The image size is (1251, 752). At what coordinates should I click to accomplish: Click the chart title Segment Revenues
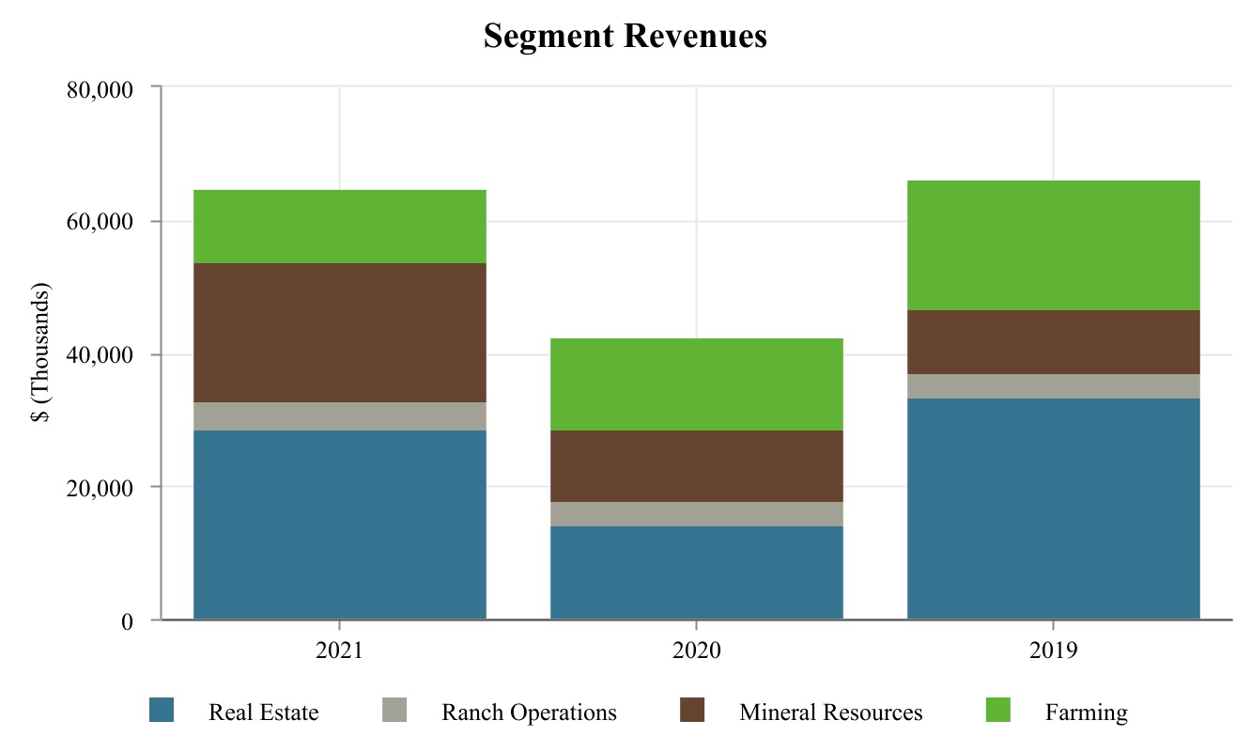625,37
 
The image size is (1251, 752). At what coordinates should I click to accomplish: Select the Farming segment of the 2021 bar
339,227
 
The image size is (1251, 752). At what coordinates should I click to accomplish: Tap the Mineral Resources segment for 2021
339,333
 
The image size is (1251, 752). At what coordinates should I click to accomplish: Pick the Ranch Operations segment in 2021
339,416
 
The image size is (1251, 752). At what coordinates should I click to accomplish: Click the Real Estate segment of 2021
339,525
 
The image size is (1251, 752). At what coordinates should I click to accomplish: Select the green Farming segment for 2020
696,384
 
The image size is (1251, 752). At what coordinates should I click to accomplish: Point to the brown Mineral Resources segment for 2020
696,466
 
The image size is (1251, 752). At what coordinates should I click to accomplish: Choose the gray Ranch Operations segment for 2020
696,514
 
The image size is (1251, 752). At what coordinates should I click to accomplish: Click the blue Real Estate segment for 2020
696,572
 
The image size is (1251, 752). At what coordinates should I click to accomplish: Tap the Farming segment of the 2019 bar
1053,245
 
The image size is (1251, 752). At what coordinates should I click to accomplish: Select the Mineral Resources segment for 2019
1053,342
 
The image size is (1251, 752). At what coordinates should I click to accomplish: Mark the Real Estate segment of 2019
1053,509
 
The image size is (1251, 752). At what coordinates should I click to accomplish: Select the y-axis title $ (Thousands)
42,353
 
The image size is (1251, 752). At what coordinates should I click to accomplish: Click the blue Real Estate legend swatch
162,711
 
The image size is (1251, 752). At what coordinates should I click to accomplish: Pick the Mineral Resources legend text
830,713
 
